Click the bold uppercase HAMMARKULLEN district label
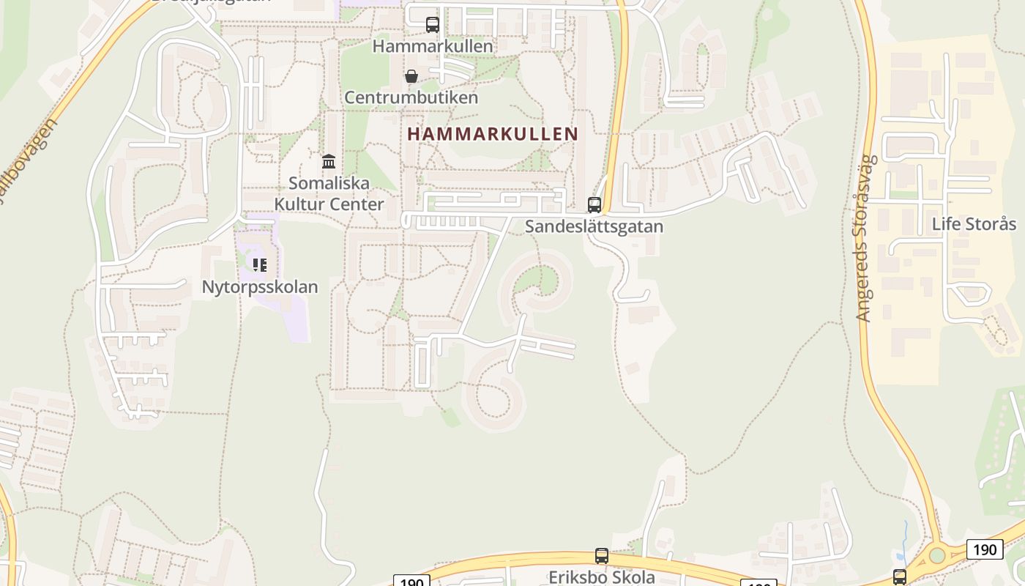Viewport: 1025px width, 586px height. click(493, 134)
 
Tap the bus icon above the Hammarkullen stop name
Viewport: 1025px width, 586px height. click(433, 25)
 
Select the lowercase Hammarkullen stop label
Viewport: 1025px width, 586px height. click(433, 46)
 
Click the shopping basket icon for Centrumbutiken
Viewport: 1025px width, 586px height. click(411, 76)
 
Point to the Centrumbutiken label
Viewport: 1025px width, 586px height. click(411, 97)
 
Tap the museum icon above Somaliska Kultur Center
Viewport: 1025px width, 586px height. click(329, 161)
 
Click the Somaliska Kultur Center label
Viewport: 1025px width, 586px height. click(329, 193)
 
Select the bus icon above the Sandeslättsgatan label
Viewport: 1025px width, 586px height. click(594, 205)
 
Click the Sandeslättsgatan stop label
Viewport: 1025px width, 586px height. click(594, 226)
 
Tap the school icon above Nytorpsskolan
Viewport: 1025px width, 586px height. click(260, 264)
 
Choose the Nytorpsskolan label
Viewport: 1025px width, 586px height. click(260, 286)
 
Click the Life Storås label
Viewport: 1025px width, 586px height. click(974, 223)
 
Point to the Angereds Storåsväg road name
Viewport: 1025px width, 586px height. click(865, 238)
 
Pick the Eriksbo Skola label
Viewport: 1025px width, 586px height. click(602, 577)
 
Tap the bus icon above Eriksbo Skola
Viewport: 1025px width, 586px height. click(602, 556)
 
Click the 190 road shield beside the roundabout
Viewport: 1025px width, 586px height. click(985, 549)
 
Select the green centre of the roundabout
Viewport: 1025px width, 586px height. click(937, 555)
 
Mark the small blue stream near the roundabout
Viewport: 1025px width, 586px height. click(906, 535)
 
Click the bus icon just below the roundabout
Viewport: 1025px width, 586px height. click(900, 577)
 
